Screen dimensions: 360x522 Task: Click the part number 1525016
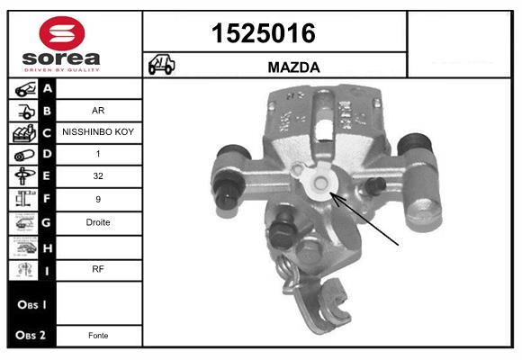(263, 33)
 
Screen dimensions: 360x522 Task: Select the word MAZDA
(294, 67)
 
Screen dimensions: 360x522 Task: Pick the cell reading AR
(98, 112)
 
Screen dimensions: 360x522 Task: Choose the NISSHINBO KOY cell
(98, 131)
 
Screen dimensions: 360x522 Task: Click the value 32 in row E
(98, 176)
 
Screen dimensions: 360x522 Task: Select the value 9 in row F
(98, 199)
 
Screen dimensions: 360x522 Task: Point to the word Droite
(98, 221)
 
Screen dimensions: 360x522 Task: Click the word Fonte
(98, 335)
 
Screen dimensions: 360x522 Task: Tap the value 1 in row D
(98, 154)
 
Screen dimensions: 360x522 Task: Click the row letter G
(47, 221)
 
